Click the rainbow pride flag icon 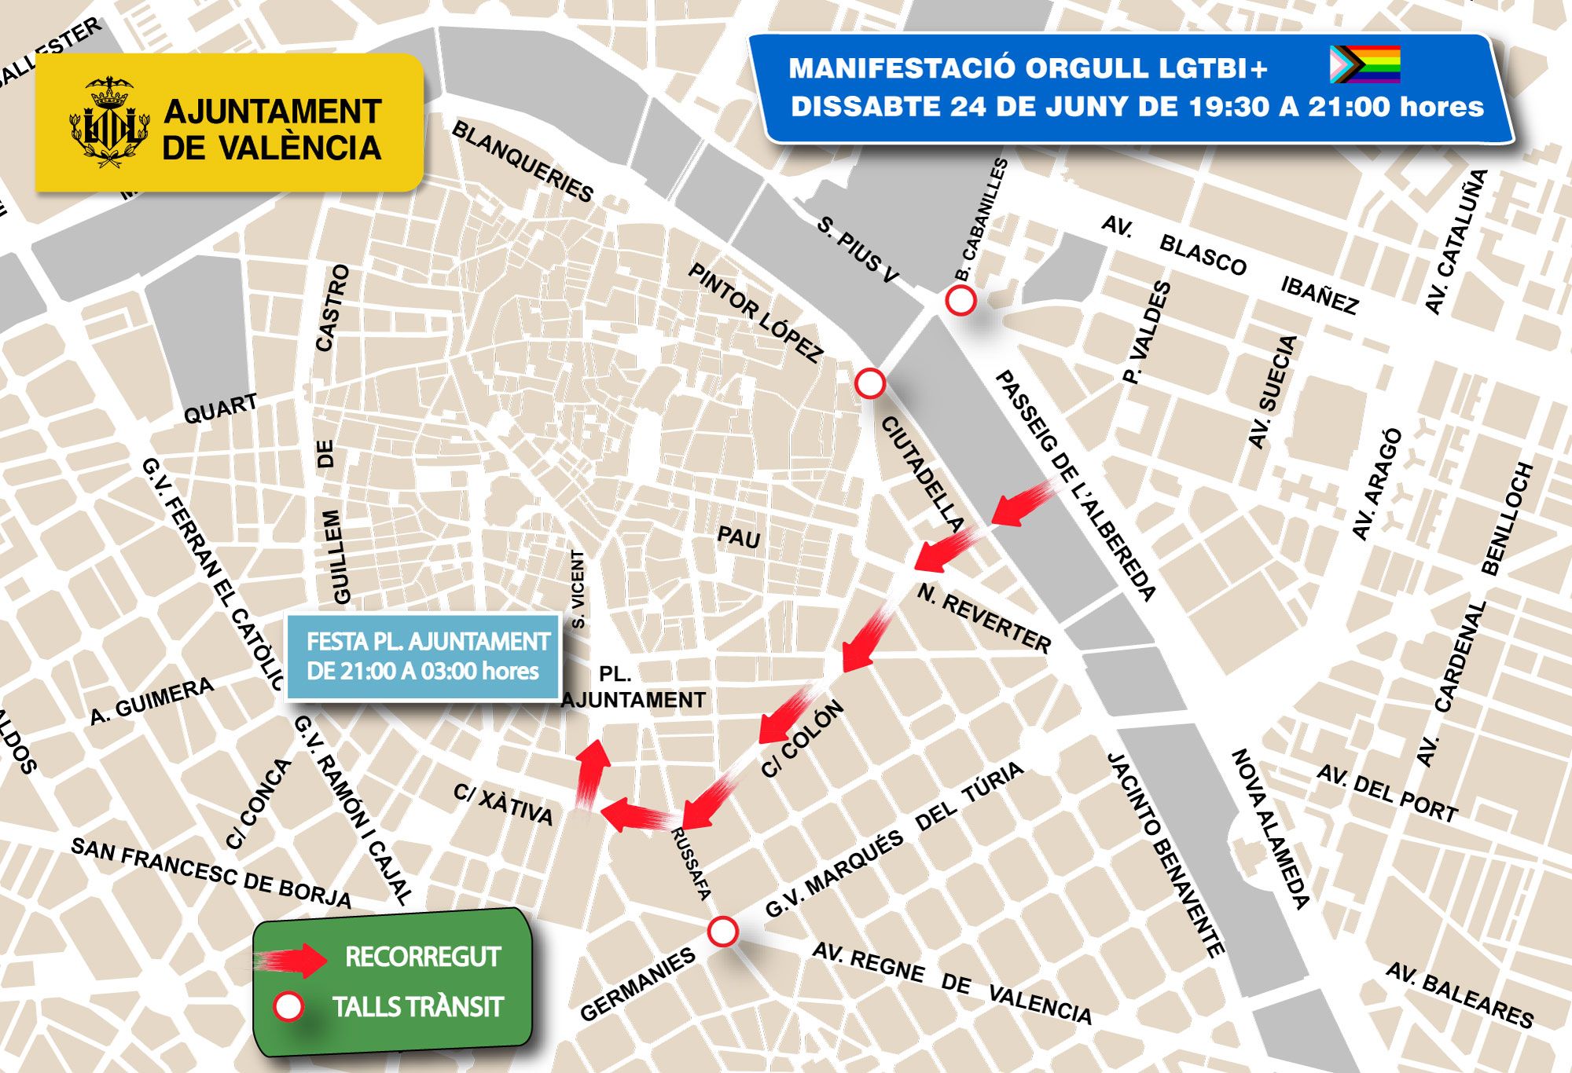(x=1364, y=64)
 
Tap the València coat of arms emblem (x=109, y=122)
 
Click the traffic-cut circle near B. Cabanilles (x=960, y=300)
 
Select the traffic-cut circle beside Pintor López (x=869, y=384)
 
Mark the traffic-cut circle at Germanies (x=722, y=932)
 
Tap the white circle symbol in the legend (x=288, y=1007)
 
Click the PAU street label (x=739, y=537)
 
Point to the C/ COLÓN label (x=803, y=739)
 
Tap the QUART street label (x=220, y=408)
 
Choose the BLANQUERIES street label (x=523, y=162)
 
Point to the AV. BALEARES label (x=1459, y=995)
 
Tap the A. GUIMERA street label (x=152, y=701)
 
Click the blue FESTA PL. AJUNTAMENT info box (x=423, y=657)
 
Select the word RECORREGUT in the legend (x=422, y=957)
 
